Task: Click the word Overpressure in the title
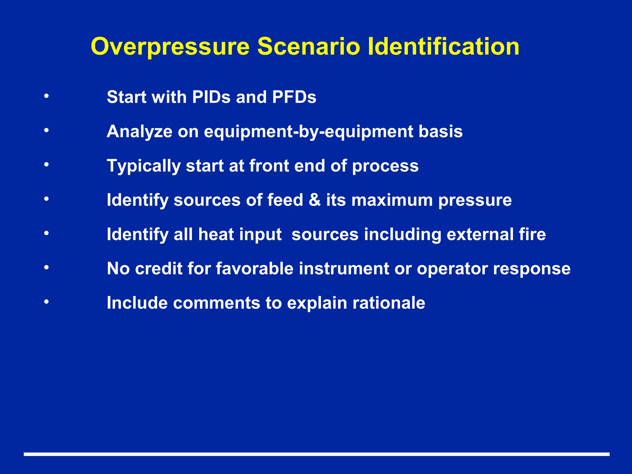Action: coord(170,47)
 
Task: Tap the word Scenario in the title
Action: coord(309,47)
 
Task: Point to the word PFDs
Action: coord(294,97)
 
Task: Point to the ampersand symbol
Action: coord(314,200)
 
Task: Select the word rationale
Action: coord(389,303)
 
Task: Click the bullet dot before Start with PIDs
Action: coord(46,96)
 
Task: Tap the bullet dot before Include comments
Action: coord(46,301)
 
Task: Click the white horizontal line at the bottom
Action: coord(317,454)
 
